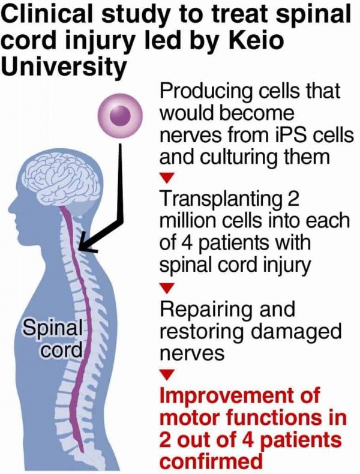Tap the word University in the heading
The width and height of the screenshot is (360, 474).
(x=63, y=67)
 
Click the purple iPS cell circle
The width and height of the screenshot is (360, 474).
(x=119, y=116)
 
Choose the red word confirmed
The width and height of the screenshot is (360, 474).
(x=211, y=461)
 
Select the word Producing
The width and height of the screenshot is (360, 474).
(x=206, y=92)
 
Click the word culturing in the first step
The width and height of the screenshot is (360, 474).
(x=236, y=158)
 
